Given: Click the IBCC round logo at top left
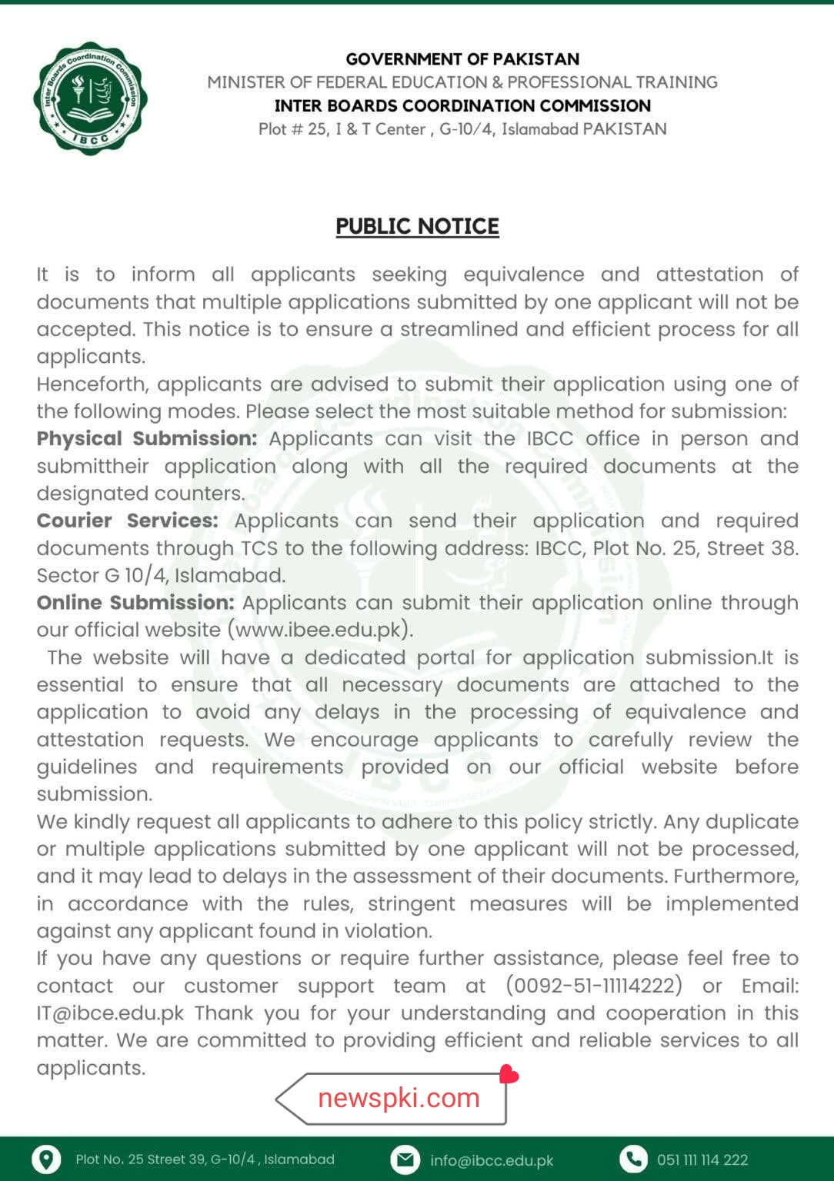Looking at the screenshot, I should [x=91, y=98].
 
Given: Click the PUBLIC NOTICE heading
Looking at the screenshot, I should [x=417, y=226].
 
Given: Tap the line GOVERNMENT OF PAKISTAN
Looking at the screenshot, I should [x=462, y=59].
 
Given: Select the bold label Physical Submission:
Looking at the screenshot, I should [x=147, y=438].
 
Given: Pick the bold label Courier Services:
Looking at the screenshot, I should [x=127, y=521].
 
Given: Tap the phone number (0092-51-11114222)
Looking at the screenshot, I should [x=594, y=986].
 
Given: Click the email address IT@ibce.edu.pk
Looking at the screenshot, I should [x=110, y=1013].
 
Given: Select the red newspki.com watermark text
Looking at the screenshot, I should [x=399, y=1098].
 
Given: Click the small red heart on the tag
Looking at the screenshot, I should [x=509, y=1074].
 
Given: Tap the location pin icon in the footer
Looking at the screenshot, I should [x=46, y=1159].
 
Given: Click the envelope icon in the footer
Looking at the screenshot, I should [x=405, y=1159].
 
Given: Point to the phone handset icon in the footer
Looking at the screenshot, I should [x=633, y=1159].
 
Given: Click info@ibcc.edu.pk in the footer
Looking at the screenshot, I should [x=492, y=1160].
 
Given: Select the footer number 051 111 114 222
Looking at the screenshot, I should [x=702, y=1159].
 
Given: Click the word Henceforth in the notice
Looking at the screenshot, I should [x=93, y=384].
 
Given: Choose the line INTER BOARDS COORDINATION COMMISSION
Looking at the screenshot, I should [x=462, y=105].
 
